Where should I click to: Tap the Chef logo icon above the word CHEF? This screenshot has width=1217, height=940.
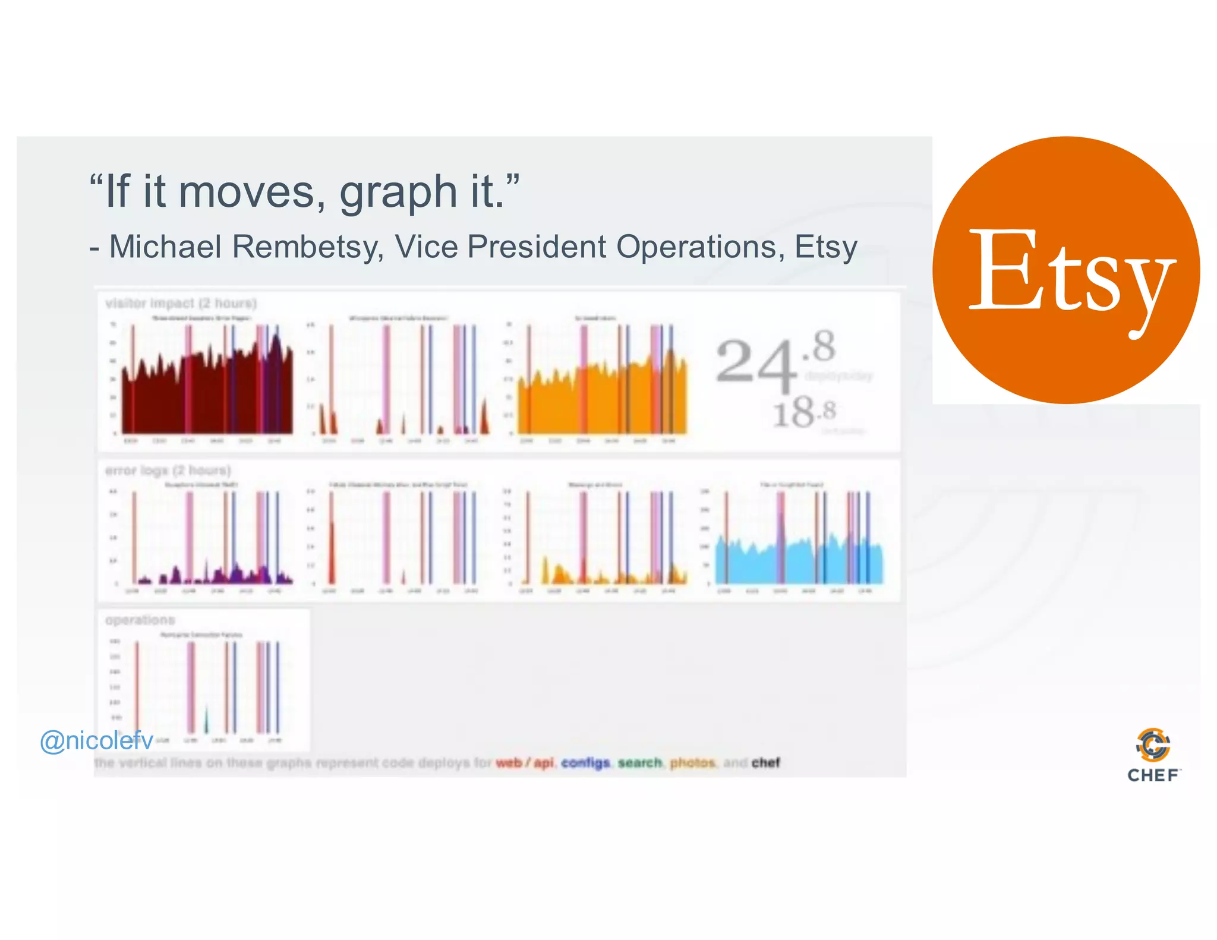tap(1152, 745)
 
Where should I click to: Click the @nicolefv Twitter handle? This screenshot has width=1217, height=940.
tap(96, 740)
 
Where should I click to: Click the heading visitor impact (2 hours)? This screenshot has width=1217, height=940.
tap(181, 304)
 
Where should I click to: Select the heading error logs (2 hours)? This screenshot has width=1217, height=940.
tap(168, 471)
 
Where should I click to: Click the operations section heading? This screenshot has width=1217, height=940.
tap(140, 620)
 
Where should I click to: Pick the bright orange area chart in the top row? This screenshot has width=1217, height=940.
tap(600, 398)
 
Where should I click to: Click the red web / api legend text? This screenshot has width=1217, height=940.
tap(524, 762)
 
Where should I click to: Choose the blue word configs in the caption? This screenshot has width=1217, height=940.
tap(585, 762)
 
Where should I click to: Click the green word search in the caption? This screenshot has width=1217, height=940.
tap(639, 762)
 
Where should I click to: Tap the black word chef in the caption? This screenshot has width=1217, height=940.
tap(765, 762)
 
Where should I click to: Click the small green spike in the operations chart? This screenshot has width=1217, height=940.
tap(206, 720)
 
